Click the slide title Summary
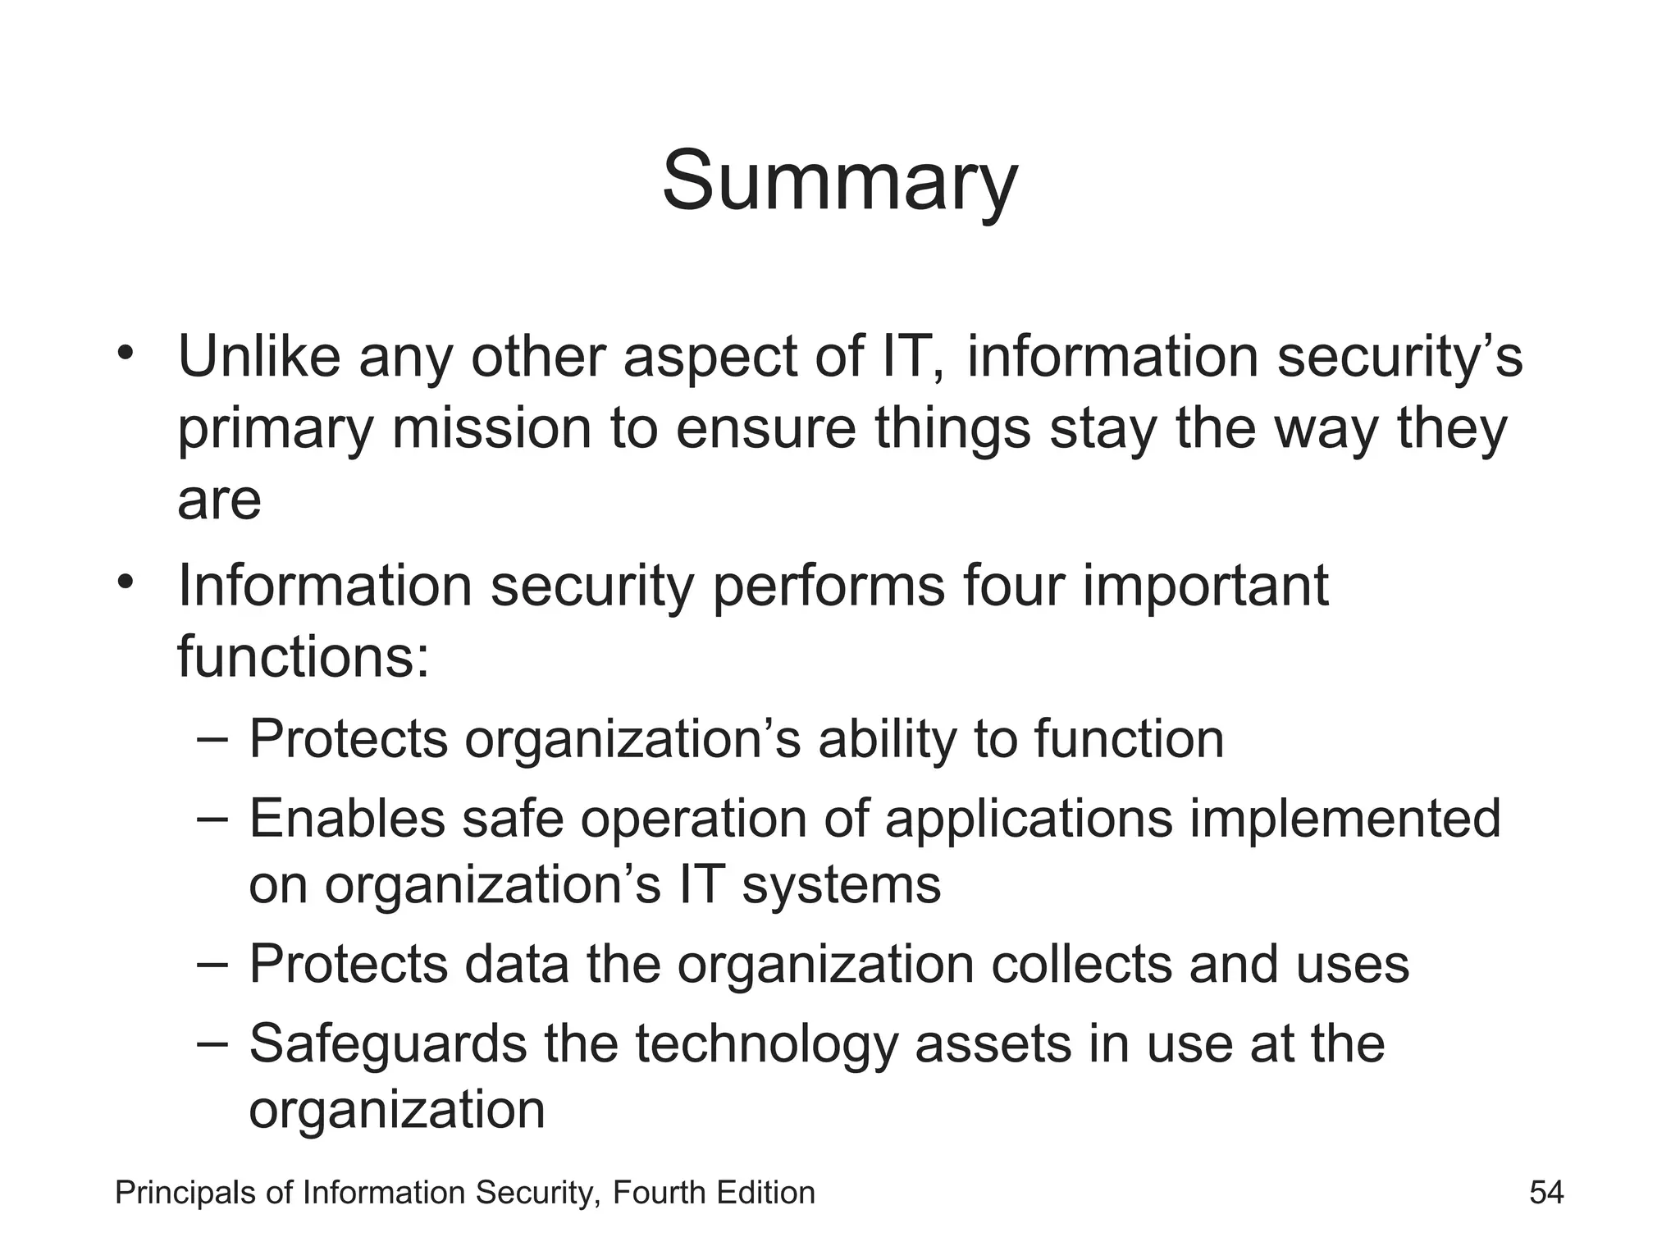(x=839, y=182)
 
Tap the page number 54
(x=1546, y=1192)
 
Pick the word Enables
(x=346, y=819)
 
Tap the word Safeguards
(x=387, y=1043)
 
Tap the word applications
(x=1029, y=819)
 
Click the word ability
(x=887, y=739)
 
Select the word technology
(x=765, y=1043)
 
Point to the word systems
(x=841, y=886)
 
